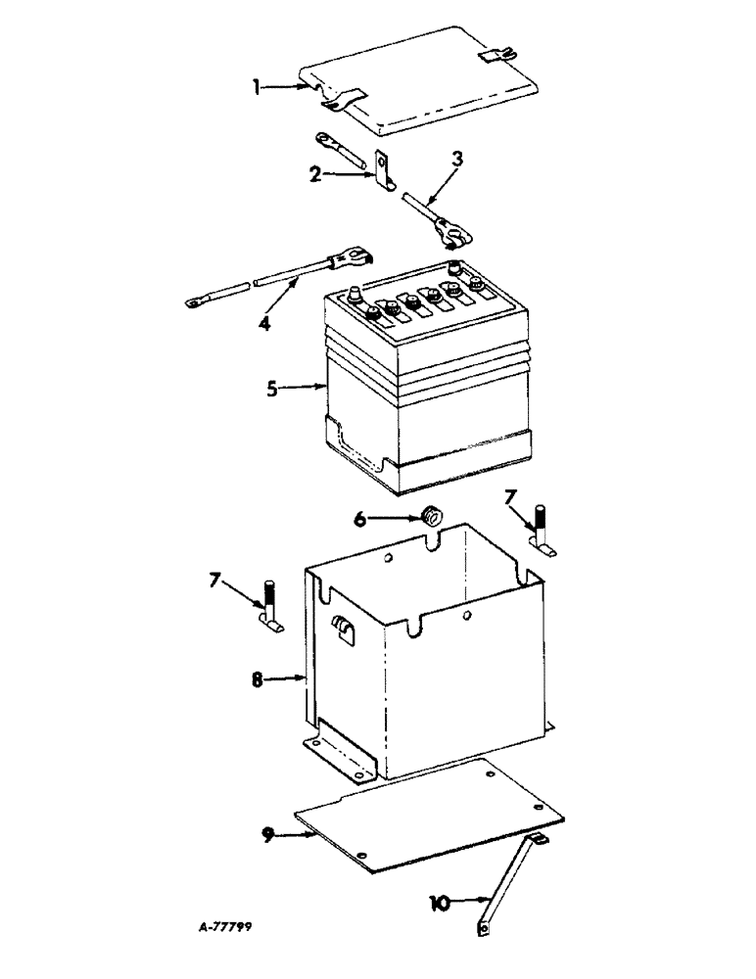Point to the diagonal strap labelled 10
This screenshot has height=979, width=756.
(508, 881)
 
